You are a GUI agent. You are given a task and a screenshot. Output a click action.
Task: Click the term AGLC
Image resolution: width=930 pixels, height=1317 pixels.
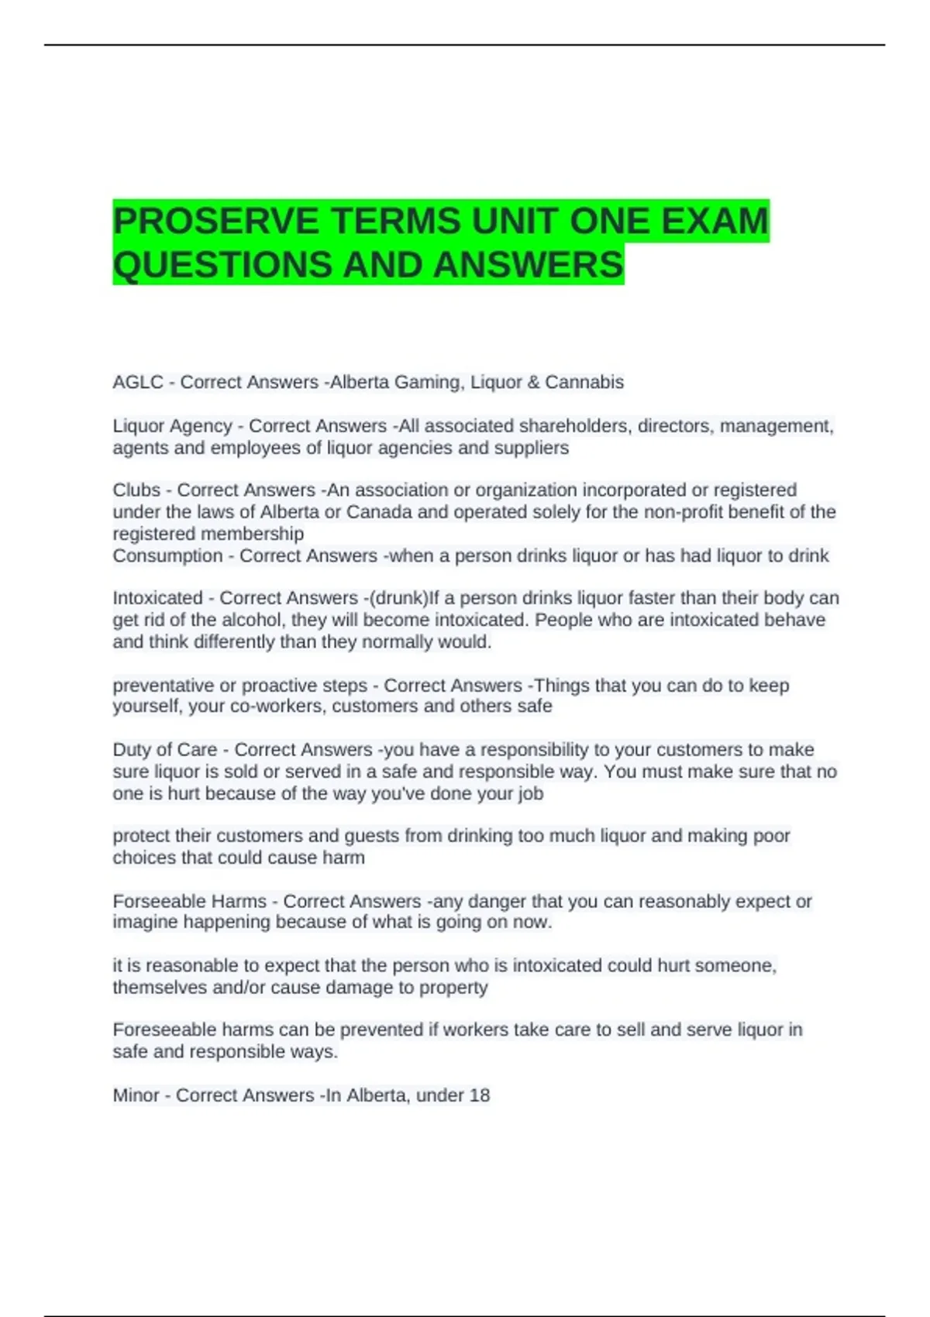138,383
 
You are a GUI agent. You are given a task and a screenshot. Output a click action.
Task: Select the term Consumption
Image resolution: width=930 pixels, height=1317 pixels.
167,556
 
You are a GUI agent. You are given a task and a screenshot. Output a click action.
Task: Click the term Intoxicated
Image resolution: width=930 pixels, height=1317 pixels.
157,598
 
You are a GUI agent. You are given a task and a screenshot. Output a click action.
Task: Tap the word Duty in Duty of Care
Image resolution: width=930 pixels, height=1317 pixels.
133,750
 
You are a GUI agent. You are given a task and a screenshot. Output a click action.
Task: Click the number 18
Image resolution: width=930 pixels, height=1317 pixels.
480,1095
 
